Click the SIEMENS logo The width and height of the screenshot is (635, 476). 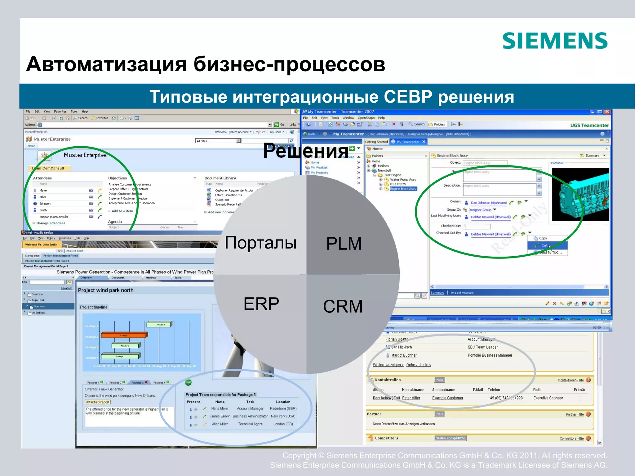555,41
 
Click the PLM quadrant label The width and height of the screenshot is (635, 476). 344,243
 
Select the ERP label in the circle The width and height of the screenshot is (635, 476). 261,304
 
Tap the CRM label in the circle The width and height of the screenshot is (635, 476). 343,306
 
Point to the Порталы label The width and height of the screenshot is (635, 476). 260,242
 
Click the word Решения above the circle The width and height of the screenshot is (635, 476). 306,151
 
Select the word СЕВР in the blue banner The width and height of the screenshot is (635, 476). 408,97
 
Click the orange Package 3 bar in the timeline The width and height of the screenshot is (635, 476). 124,335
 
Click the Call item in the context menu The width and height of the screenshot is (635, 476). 544,245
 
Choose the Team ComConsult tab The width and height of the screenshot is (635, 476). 50,168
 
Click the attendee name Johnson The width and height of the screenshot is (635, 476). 45,204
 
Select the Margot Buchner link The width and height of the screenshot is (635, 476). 404,355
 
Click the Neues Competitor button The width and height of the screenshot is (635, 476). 450,438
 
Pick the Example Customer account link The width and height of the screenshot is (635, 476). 447,398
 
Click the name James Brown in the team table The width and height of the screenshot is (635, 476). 220,416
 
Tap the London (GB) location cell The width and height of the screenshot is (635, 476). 283,424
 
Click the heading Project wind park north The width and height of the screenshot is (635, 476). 106,290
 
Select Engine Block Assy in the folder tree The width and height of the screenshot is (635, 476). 403,189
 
